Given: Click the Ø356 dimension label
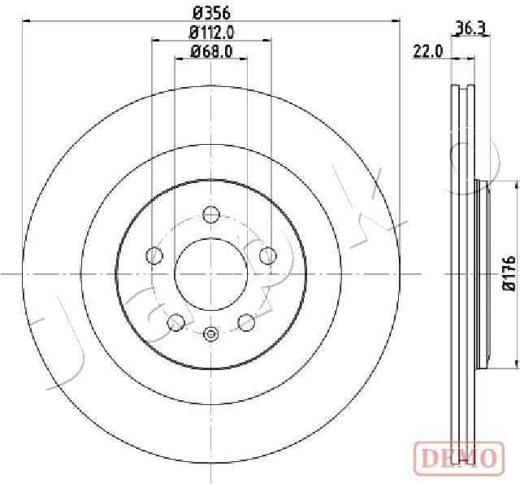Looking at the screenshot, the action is tap(211, 13).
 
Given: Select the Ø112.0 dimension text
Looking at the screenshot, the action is tap(211, 33).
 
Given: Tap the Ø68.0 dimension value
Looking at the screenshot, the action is tap(211, 51).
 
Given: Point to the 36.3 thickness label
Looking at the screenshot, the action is tap(471, 28).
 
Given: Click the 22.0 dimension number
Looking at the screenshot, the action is tap(428, 52).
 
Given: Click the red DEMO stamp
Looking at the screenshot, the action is tap(459, 458).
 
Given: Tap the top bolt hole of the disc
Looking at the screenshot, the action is tap(211, 215).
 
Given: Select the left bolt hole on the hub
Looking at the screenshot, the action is tap(154, 255).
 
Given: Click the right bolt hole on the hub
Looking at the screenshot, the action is tap(268, 255).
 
